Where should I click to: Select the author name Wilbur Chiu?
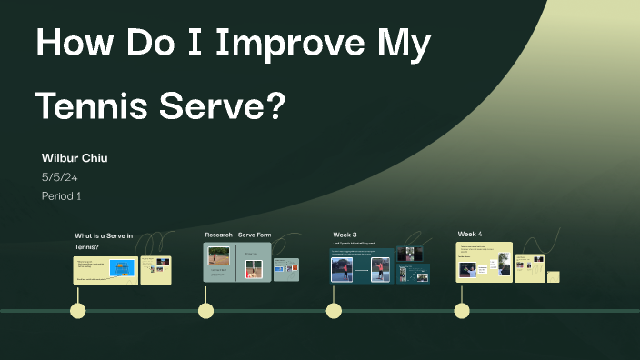(x=75, y=158)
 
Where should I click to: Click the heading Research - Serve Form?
(x=237, y=235)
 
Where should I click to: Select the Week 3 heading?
(x=345, y=235)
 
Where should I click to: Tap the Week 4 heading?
(x=470, y=234)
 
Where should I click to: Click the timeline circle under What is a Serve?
(x=78, y=311)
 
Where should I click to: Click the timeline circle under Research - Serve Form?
(x=206, y=311)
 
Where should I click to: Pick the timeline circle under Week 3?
(x=334, y=311)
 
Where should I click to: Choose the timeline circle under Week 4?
(x=462, y=311)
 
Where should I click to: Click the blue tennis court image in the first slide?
(x=121, y=267)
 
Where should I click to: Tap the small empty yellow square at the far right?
(x=553, y=276)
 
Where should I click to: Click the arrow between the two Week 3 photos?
(x=360, y=270)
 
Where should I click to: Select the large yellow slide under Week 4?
(x=484, y=262)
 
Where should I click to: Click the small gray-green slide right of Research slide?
(x=286, y=269)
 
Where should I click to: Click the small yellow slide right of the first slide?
(x=155, y=269)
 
